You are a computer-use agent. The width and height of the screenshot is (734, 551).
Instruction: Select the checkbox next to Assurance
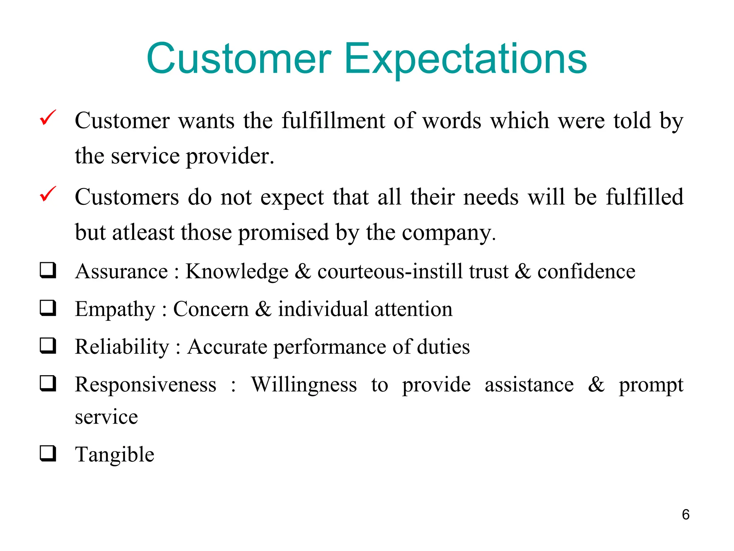coord(48,270)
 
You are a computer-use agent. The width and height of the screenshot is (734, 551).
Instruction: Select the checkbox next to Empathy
coord(48,308)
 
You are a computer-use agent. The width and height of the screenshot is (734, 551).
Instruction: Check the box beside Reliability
coord(48,345)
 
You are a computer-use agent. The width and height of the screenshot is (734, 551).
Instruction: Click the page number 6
coord(685,515)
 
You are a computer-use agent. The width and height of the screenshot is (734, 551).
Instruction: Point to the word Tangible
coord(114,455)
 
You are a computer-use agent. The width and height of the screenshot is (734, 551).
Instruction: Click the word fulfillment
coord(333,121)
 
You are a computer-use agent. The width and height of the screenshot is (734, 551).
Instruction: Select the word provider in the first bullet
coord(229,156)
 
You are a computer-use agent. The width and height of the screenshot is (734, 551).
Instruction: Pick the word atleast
coord(143,232)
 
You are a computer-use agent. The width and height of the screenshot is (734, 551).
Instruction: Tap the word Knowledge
coord(237,272)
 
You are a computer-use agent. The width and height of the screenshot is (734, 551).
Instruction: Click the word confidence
coord(586,272)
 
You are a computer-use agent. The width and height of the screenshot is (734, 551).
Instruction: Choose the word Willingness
coord(304,385)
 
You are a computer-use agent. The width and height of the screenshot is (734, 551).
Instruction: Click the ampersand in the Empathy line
coord(263,309)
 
